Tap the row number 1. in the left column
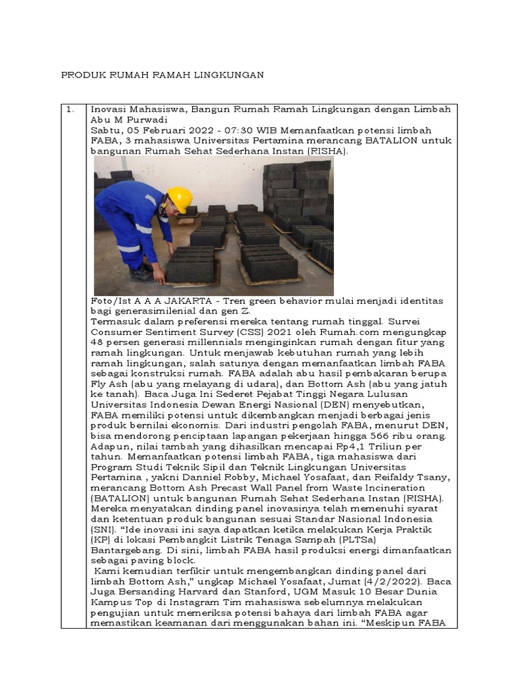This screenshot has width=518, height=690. [x=69, y=109]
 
